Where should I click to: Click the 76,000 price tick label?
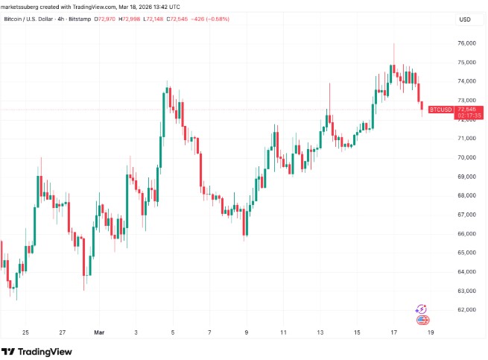pos(466,43)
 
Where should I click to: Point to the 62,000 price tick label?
pos(466,309)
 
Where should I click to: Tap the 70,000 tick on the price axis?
pos(466,157)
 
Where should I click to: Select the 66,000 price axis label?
pos(466,233)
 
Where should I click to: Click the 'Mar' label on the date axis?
pos(100,332)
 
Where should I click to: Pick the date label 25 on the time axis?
pos(25,332)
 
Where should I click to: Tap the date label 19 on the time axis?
pos(430,332)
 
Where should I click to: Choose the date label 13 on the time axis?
pos(320,332)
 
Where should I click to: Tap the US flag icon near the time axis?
pos(422,320)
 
